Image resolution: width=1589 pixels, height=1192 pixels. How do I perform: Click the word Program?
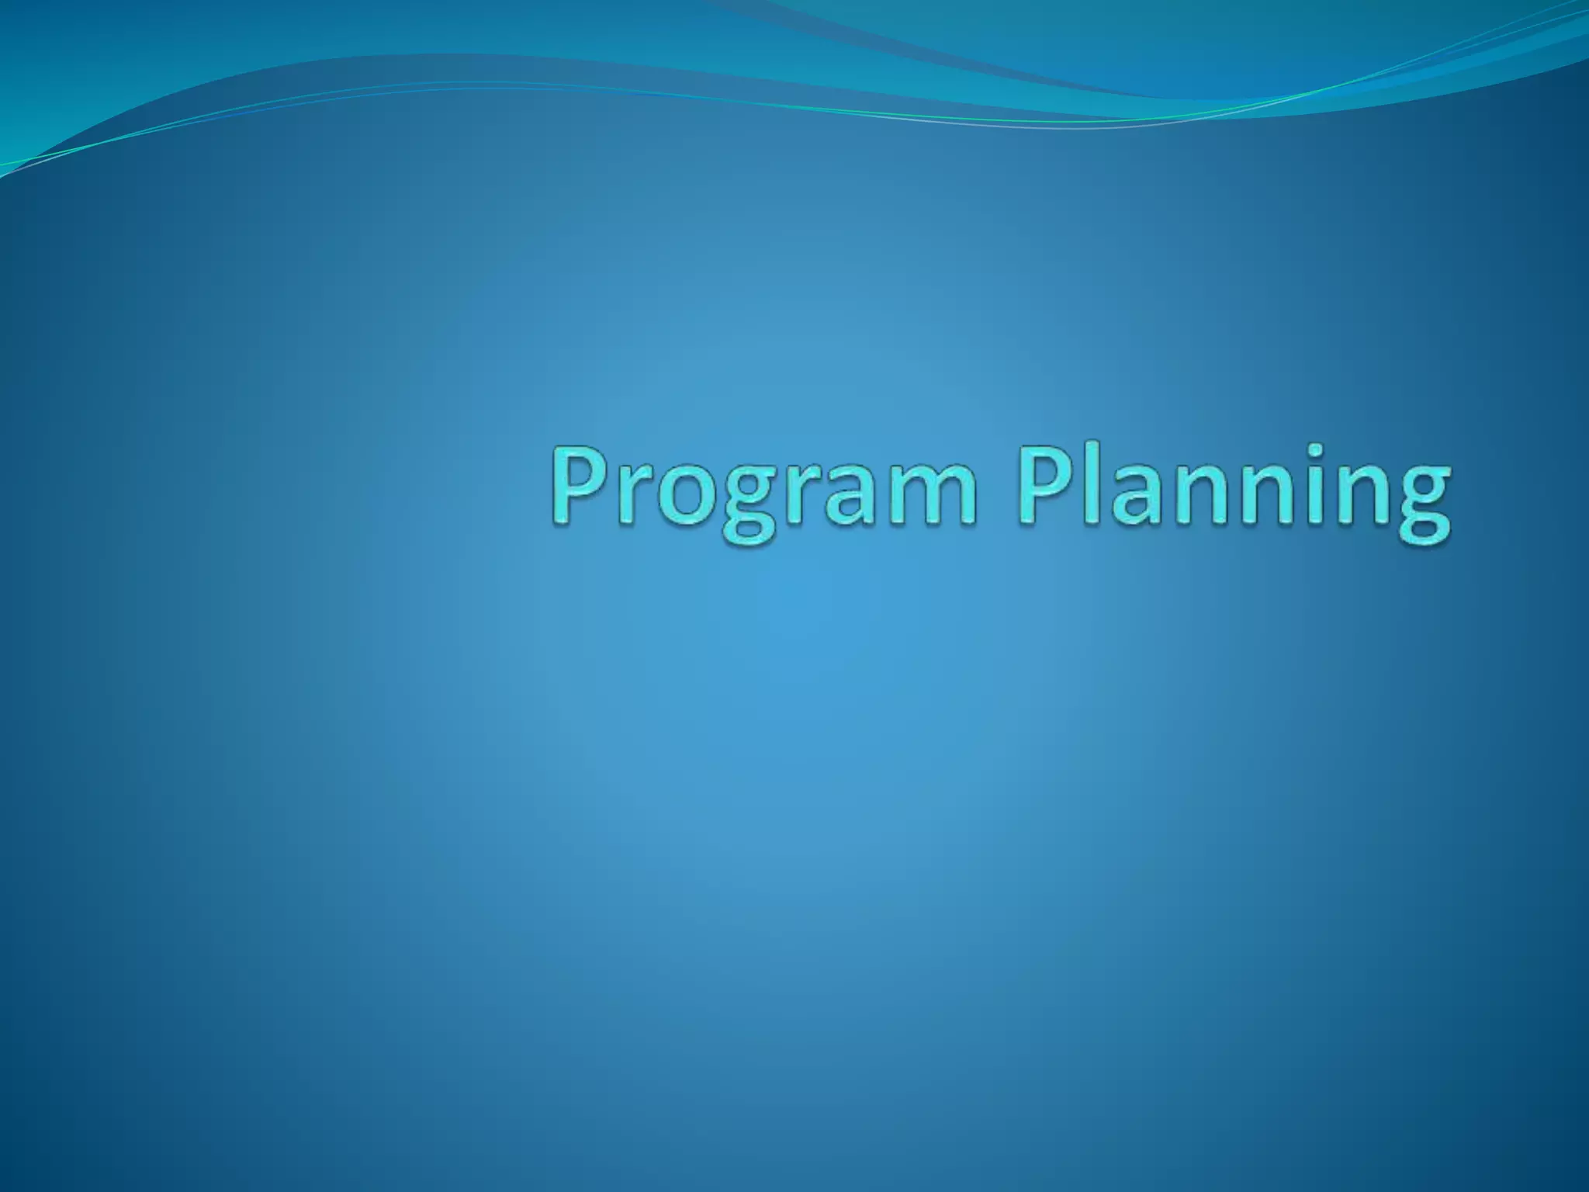click(x=764, y=489)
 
